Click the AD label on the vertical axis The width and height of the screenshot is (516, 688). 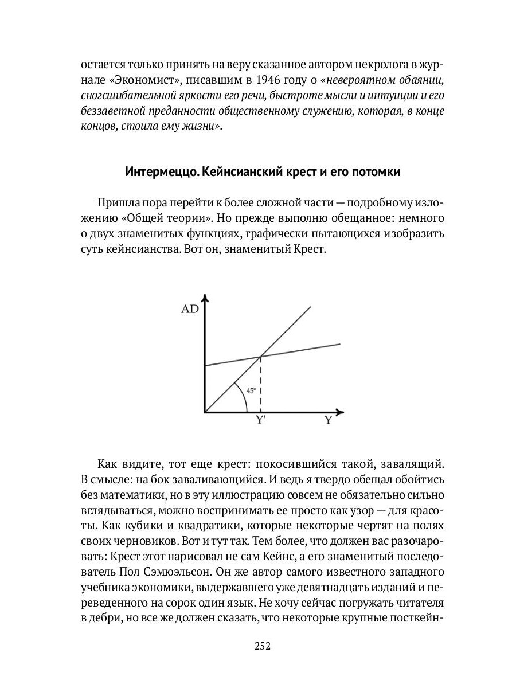tap(190, 309)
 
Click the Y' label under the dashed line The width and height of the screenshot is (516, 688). tap(261, 420)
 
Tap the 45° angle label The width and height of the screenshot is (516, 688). tap(251, 390)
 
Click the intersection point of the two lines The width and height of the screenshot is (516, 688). tap(261, 357)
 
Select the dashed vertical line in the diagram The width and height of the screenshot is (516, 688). tap(261, 384)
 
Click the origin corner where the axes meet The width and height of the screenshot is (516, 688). tap(205, 412)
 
